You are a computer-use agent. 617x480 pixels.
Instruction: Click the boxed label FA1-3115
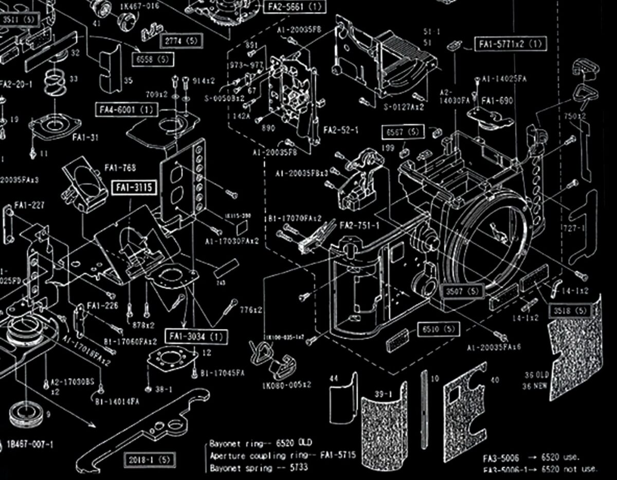133,188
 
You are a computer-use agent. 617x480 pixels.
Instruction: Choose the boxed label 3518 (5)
569,311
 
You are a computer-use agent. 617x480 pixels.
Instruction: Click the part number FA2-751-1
360,226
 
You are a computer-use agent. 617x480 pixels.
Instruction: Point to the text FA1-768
120,168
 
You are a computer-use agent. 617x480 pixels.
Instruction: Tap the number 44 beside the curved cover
334,378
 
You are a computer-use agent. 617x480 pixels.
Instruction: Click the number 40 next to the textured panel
495,380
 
